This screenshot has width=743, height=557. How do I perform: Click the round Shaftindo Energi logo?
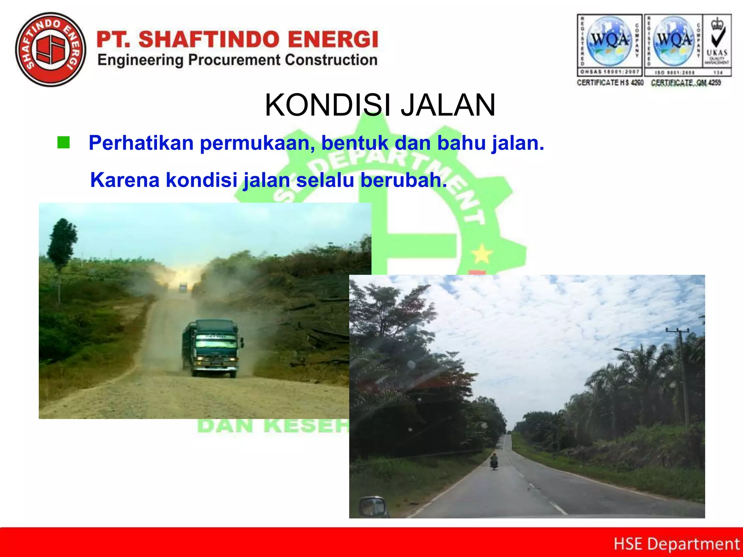pos(51,50)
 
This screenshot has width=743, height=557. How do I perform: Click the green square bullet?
pos(63,143)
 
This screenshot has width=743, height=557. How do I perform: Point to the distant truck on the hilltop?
pos(183,287)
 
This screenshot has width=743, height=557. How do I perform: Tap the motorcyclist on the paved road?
pos(494,462)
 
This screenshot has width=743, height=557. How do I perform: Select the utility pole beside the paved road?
pos(682,377)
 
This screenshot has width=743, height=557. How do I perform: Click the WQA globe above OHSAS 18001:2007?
pos(609,41)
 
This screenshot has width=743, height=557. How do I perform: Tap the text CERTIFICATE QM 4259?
pos(686,83)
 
